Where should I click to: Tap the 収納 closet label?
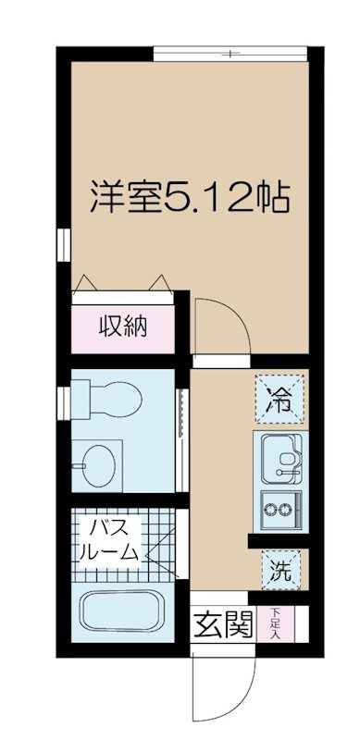point(122,327)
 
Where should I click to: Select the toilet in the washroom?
point(106,399)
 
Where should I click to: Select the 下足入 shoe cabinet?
point(276,623)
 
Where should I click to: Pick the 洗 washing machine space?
point(281,569)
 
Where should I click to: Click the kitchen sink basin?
point(281,459)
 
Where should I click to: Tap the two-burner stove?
point(281,509)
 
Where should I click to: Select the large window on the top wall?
point(230,54)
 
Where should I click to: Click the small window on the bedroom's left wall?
point(63,244)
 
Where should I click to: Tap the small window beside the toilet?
point(63,403)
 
